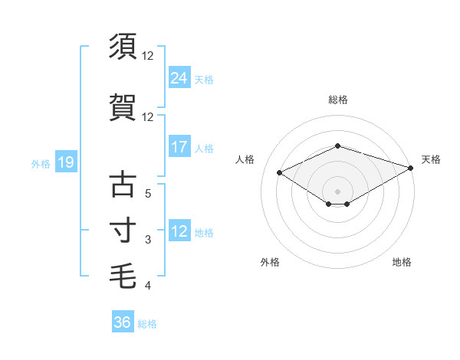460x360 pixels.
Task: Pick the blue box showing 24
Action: pos(179,77)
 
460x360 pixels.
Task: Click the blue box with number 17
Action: pos(179,147)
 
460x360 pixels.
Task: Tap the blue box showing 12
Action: pos(179,231)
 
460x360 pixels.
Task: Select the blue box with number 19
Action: pos(65,162)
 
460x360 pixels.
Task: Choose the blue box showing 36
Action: pos(122,322)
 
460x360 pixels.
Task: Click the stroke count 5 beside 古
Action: pos(148,194)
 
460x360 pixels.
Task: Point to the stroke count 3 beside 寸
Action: pos(148,240)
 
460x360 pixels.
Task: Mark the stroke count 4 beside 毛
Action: pos(148,286)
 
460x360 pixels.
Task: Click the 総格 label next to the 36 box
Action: pos(147,324)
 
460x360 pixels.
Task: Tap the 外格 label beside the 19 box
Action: pos(41,163)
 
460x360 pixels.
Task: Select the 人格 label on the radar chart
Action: pos(245,159)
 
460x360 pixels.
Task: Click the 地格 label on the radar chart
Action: pos(402,262)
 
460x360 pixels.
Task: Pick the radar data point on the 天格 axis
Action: pos(412,168)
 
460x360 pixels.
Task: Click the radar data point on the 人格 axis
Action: pos(279,172)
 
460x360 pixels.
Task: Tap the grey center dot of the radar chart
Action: pos(337,191)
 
